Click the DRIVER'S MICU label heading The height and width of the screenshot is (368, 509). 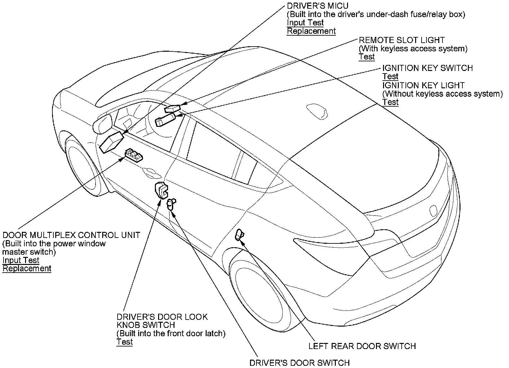(317, 6)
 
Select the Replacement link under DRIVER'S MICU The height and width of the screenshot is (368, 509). (311, 31)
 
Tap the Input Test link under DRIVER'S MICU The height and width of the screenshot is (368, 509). (305, 23)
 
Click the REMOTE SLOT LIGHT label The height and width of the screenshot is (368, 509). (401, 40)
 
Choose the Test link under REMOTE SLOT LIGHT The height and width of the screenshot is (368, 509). (367, 57)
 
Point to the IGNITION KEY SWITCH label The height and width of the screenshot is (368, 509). (427, 68)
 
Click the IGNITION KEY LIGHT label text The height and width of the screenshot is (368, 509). (423, 85)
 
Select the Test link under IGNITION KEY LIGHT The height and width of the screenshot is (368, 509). (390, 102)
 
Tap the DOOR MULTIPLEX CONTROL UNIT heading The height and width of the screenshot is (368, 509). (71, 235)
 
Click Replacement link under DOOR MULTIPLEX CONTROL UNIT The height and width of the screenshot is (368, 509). (27, 268)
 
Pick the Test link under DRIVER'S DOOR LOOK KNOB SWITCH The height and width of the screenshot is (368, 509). (125, 342)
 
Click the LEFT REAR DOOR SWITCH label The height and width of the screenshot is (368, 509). (362, 346)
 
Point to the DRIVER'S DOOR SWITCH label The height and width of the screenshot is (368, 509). (299, 363)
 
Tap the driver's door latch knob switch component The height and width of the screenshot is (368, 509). (162, 190)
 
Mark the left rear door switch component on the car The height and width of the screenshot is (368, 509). (239, 235)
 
